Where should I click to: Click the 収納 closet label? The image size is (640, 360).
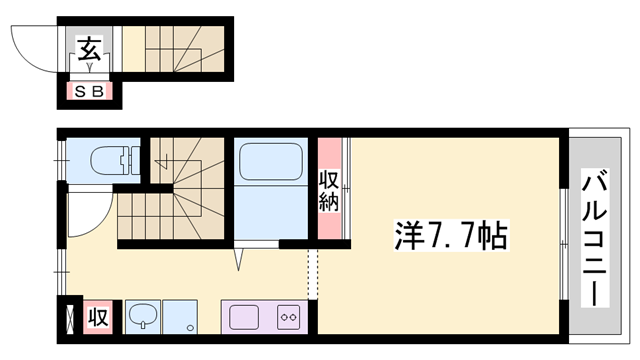[x=329, y=190]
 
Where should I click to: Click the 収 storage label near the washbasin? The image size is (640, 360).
[x=98, y=317]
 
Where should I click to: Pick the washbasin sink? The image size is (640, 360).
[x=142, y=317]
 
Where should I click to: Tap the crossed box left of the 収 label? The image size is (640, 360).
[x=68, y=318]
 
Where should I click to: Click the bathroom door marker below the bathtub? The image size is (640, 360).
[x=240, y=259]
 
